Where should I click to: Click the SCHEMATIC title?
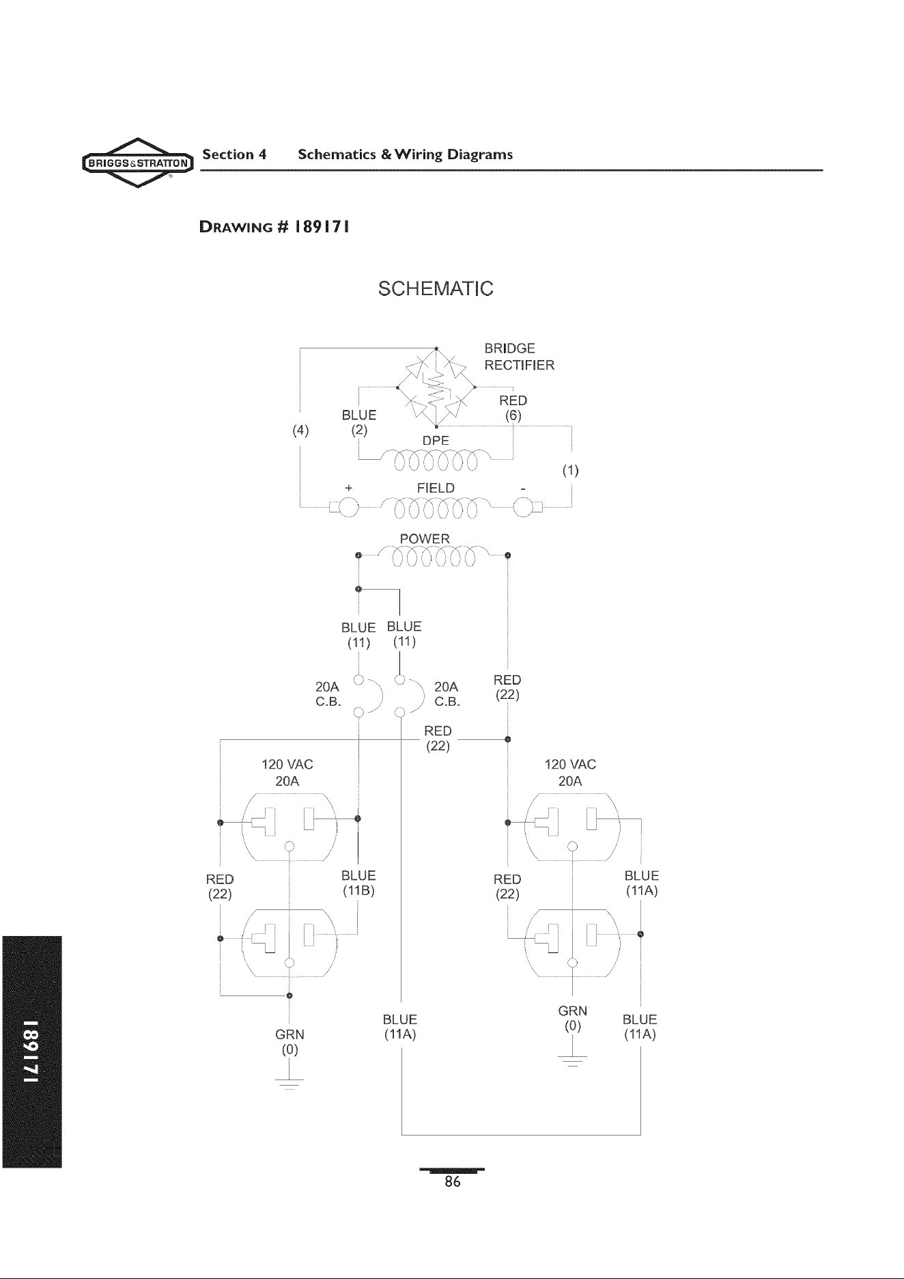(x=436, y=288)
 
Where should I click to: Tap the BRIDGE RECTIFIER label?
(x=520, y=357)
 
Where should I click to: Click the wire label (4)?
(x=300, y=430)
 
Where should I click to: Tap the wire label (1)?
(x=570, y=470)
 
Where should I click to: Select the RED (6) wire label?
(x=513, y=408)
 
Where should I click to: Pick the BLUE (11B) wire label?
(x=358, y=883)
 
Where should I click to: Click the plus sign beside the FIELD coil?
(x=349, y=489)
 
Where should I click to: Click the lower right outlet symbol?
(x=572, y=944)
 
